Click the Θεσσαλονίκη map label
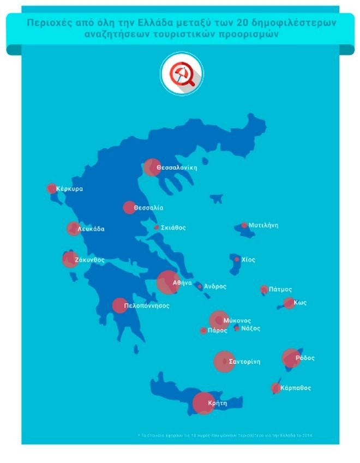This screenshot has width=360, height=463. coord(176,167)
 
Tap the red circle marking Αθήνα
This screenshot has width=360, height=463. coord(167,282)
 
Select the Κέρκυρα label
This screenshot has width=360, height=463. coord(69,189)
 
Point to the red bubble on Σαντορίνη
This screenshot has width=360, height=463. coord(224,362)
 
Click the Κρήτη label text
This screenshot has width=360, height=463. coord(218,404)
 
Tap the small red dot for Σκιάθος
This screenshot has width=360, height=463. coord(157,227)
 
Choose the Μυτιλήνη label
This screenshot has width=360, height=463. coord(263,225)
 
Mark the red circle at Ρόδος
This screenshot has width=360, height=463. coord(291,358)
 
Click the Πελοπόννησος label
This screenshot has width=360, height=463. coord(147,306)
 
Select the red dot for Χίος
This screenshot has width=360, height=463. coord(237,260)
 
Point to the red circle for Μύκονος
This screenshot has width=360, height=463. coord(219,320)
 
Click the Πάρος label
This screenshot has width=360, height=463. coord(217,330)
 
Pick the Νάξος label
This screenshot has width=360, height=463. coord(251,328)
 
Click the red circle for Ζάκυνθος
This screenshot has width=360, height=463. coord(69,260)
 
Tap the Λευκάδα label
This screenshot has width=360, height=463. coord(91,229)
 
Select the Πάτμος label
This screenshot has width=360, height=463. coord(280,290)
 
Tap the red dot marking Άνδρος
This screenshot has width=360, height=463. coord(200,286)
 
